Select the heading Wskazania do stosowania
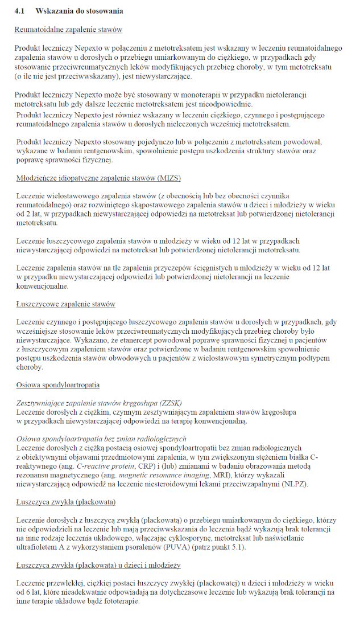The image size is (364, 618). pos(79,11)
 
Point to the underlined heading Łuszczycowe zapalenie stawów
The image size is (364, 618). pos(66,304)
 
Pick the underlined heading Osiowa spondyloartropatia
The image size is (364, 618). pos(57,385)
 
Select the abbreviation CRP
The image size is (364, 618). pos(166,466)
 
